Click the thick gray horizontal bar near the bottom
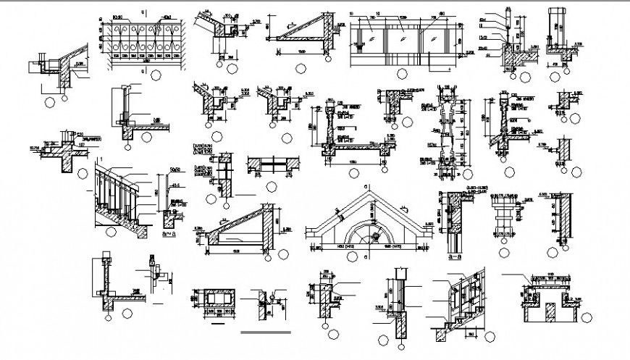pos(266,332)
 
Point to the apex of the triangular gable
pos(366,190)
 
